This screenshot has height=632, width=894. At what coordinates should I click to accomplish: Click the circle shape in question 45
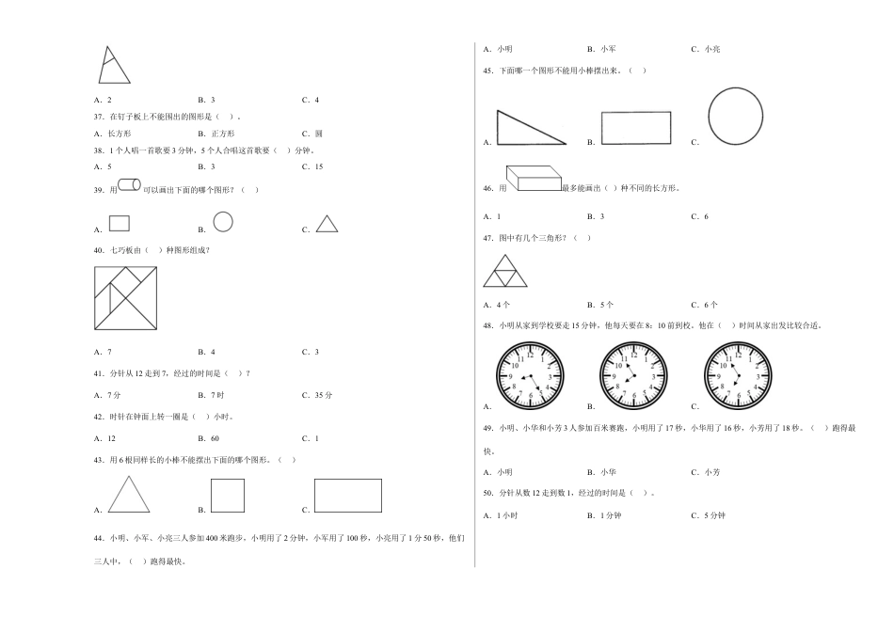pyautogui.click(x=736, y=88)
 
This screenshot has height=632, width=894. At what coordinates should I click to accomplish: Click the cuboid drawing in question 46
pyautogui.click(x=534, y=179)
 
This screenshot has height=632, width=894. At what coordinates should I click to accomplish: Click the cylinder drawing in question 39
pyautogui.click(x=130, y=184)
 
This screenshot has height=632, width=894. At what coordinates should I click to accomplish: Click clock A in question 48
pyautogui.click(x=530, y=375)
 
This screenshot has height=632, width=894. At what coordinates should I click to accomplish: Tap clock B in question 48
pyautogui.click(x=633, y=375)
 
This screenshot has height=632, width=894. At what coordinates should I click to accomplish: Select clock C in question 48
pyautogui.click(x=738, y=375)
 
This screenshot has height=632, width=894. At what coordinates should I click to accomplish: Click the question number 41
pyautogui.click(x=99, y=374)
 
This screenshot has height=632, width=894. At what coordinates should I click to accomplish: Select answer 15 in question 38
pyautogui.click(x=319, y=167)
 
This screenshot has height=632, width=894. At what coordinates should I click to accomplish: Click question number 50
pyautogui.click(x=488, y=494)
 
